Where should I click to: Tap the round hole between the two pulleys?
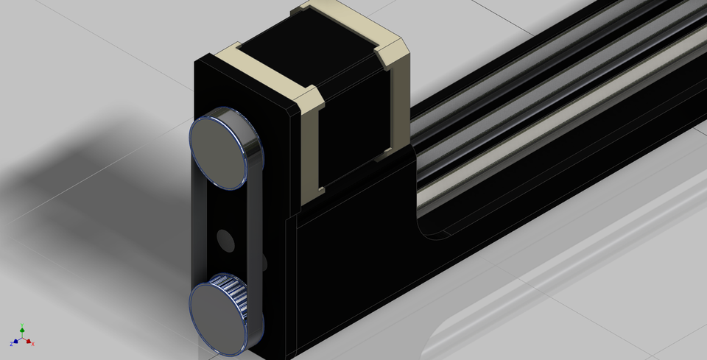click(x=225, y=240)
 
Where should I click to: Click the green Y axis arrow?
click(x=22, y=329)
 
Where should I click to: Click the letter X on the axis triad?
click(x=32, y=344)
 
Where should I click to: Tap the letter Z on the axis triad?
click(x=12, y=344)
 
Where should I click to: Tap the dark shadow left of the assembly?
click(x=96, y=162)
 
